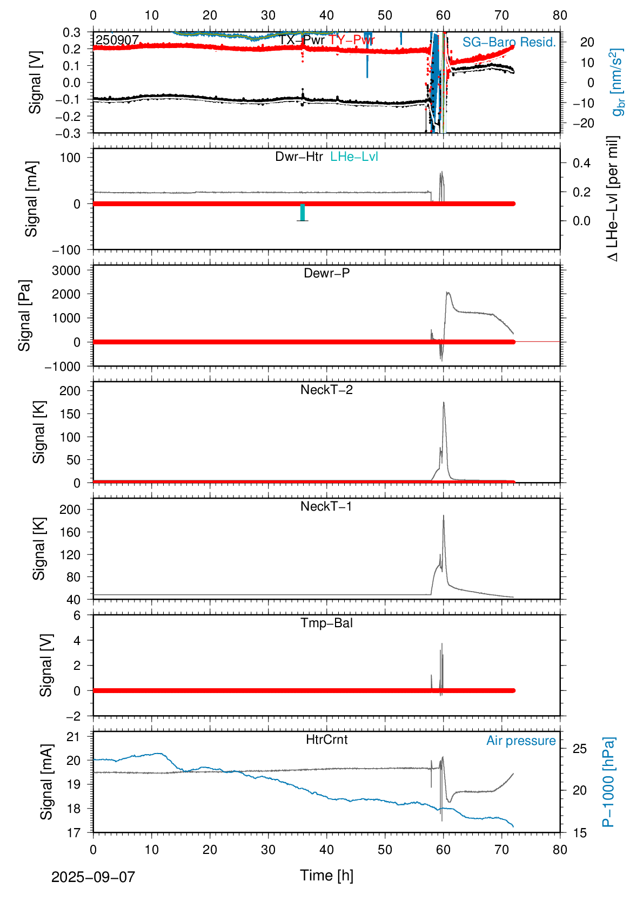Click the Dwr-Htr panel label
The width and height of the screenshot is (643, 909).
[x=299, y=157]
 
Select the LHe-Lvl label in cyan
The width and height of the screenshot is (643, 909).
[x=354, y=157]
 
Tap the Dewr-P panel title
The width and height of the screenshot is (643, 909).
[x=326, y=273]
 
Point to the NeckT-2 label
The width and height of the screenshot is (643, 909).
[x=326, y=390]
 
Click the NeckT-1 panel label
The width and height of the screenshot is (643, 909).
[x=326, y=506]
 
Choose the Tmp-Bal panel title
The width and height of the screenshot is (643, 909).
[x=326, y=623]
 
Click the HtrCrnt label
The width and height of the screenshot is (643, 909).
[x=326, y=740]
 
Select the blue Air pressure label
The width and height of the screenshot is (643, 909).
[x=521, y=741]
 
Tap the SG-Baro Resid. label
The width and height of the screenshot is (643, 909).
[x=509, y=42]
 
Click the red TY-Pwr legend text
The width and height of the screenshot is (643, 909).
[x=352, y=40]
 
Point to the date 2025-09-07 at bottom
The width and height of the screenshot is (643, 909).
[x=93, y=877]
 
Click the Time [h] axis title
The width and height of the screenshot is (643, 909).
[x=326, y=876]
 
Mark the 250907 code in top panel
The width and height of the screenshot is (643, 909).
[x=117, y=40]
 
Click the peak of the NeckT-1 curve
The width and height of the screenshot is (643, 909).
[x=444, y=515]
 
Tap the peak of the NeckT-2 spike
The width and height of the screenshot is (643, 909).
[x=444, y=402]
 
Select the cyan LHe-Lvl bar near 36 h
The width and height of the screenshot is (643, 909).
[x=303, y=212]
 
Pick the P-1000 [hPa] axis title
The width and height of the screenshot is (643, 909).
[x=608, y=782]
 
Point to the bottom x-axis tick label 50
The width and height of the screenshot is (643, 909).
[x=385, y=850]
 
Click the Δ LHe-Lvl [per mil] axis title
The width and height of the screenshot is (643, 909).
[x=612, y=199]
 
